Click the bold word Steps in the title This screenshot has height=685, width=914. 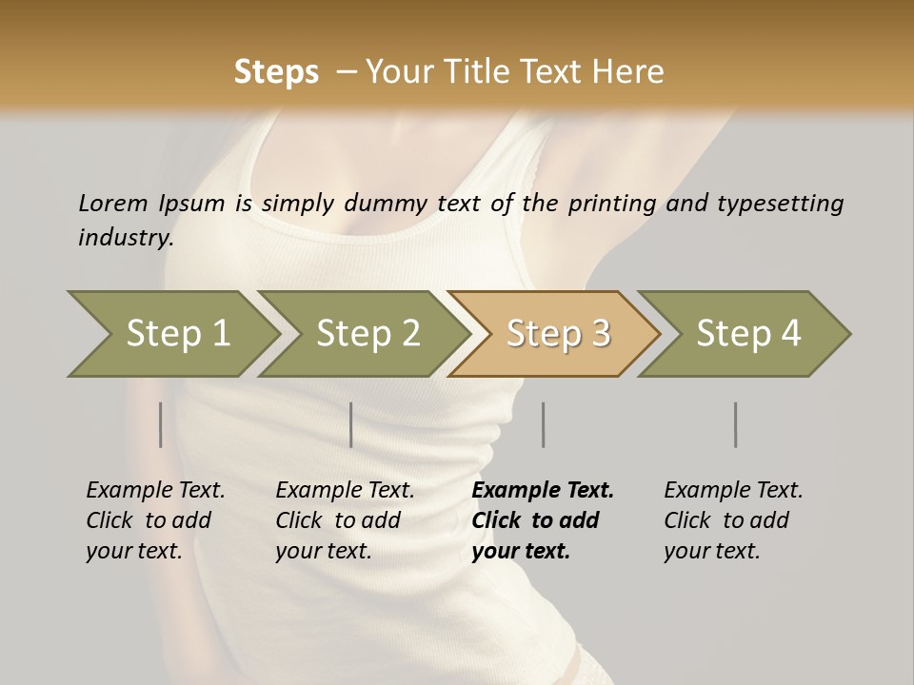tap(276, 72)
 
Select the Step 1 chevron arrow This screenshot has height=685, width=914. tap(171, 334)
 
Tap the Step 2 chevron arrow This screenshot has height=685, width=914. tap(367, 334)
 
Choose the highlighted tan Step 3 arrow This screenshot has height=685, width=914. tap(557, 334)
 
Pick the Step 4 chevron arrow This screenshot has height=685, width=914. tap(747, 334)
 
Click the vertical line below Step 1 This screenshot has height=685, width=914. tap(161, 424)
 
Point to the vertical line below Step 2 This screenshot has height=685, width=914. tap(351, 424)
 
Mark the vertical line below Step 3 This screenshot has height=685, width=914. tap(543, 424)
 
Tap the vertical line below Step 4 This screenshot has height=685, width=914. tap(735, 424)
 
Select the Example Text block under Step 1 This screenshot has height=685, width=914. tap(154, 520)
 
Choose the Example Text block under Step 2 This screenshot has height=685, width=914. tap(344, 520)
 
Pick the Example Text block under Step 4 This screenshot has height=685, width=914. tap(732, 520)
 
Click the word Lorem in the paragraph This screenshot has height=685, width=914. tap(113, 203)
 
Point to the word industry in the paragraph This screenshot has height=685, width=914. tap(126, 238)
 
